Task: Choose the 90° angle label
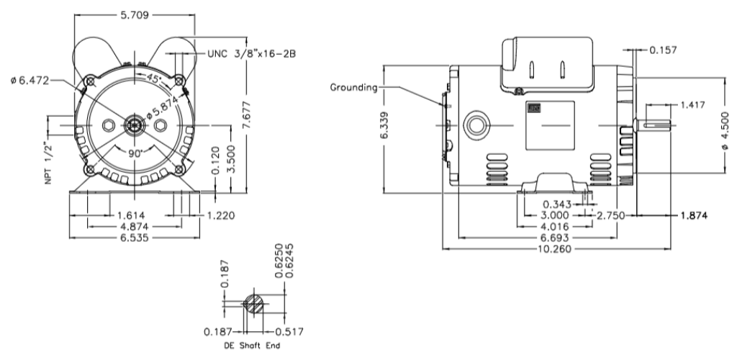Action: click(137, 153)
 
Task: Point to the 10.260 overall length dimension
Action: click(554, 248)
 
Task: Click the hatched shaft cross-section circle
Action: click(254, 303)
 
